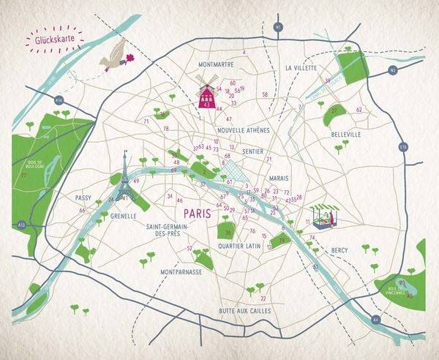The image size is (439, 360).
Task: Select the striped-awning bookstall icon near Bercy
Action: tap(323, 214)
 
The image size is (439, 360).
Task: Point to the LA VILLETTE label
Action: tap(301, 68)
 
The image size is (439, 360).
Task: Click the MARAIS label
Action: tap(279, 178)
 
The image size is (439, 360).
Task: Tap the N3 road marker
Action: tap(393, 70)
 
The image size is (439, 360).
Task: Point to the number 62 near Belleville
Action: tap(359, 110)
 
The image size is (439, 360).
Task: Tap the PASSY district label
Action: tap(83, 198)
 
